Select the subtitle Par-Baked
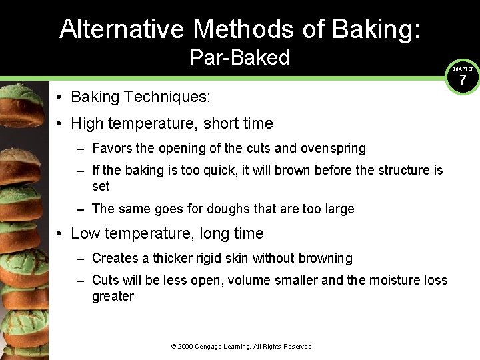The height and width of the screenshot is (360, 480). pyautogui.click(x=239, y=58)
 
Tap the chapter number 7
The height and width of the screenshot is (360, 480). pyautogui.click(x=463, y=81)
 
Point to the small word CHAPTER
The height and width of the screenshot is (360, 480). pyautogui.click(x=463, y=69)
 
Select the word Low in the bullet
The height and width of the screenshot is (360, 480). pyautogui.click(x=86, y=233)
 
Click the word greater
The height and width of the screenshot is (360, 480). pyautogui.click(x=113, y=296)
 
